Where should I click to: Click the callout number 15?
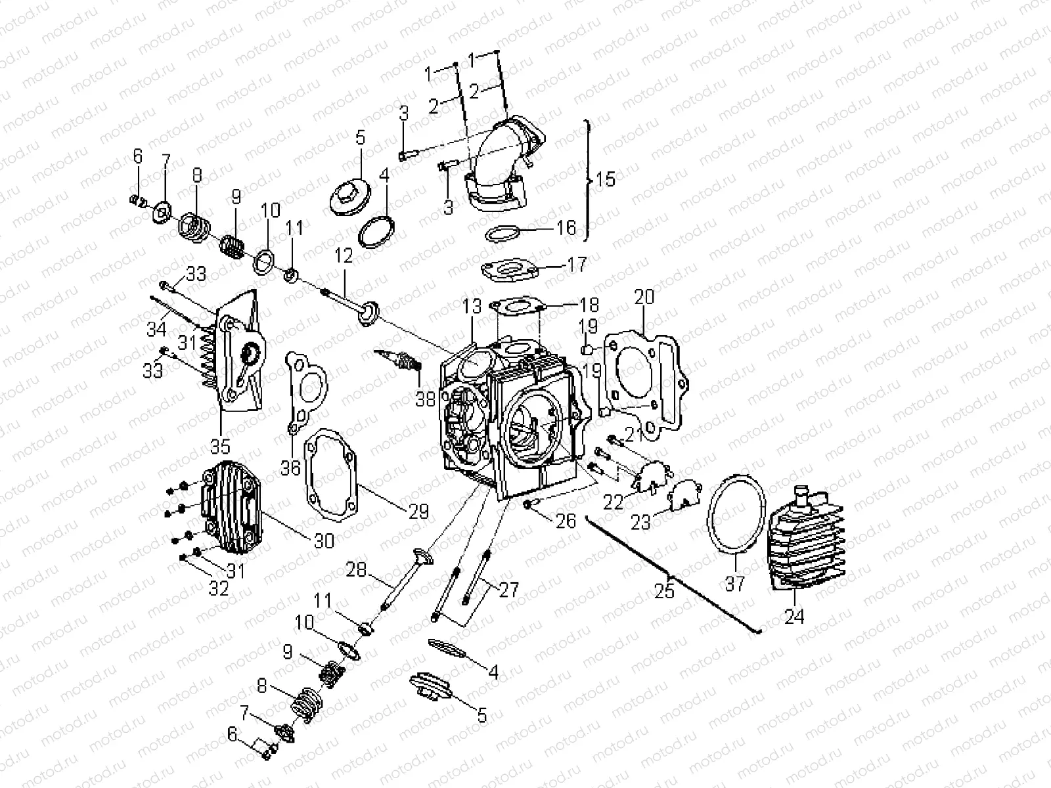click(x=606, y=179)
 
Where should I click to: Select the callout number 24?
click(x=794, y=617)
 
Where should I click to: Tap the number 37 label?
click(x=735, y=582)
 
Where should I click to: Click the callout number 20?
click(x=644, y=297)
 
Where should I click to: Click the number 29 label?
click(x=418, y=512)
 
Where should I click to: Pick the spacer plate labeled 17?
click(x=512, y=270)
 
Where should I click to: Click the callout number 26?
click(x=566, y=521)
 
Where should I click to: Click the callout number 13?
click(x=472, y=307)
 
